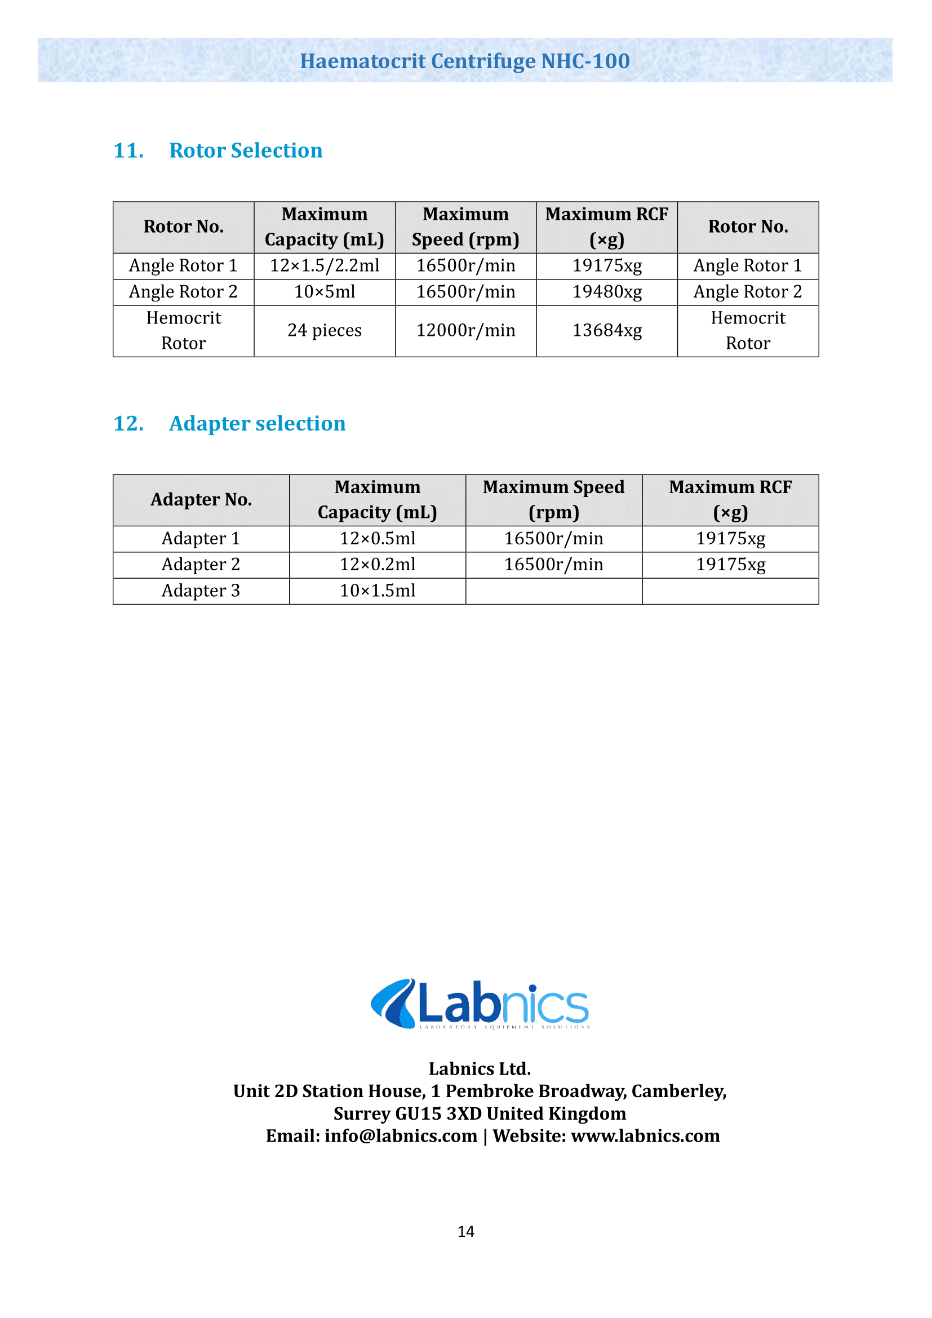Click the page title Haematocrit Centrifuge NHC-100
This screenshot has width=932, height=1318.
[x=465, y=61]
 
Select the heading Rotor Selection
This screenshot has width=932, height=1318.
[x=246, y=150]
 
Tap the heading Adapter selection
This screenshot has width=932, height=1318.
[x=257, y=424]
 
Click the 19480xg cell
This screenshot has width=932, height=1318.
[x=607, y=292]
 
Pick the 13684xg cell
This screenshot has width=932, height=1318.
[x=607, y=331]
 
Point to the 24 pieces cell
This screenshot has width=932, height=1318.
[x=324, y=331]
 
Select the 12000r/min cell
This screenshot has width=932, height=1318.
[x=465, y=331]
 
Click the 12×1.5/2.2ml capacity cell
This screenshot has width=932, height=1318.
[x=324, y=266]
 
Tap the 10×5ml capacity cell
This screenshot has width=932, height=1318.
[x=324, y=292]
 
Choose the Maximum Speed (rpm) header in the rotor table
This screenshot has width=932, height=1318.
[x=465, y=227]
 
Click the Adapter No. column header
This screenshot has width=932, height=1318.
[x=201, y=500]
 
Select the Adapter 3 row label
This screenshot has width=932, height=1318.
[x=201, y=591]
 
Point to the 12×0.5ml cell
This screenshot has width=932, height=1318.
[x=377, y=539]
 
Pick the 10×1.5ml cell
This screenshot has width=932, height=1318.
[x=377, y=591]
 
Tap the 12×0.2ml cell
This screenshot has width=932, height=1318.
[x=377, y=565]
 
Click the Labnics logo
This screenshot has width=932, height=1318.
[x=480, y=1004]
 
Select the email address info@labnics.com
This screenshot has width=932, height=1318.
[x=401, y=1136]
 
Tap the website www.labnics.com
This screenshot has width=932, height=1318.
[x=645, y=1136]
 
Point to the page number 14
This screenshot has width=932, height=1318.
[x=465, y=1231]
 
